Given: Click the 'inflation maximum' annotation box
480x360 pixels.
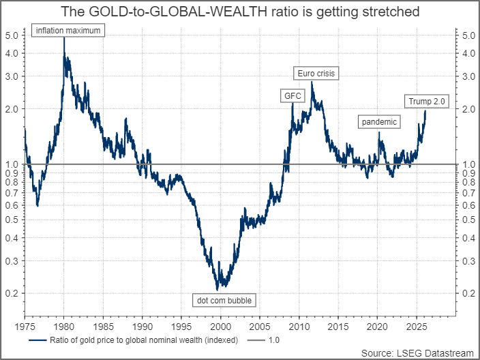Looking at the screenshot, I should coord(68,31).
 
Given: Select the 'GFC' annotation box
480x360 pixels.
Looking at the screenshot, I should coord(292,96).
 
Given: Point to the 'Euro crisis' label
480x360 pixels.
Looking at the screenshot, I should coord(316,73).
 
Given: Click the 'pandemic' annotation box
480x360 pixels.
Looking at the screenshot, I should coord(379,122).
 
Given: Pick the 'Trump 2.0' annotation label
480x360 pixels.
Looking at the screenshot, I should coord(426,102).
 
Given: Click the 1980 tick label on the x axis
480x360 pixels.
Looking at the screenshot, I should coord(63,327).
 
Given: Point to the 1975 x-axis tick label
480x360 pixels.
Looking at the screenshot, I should coord(25,327).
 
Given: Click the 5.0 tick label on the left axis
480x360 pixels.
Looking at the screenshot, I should coord(13,35).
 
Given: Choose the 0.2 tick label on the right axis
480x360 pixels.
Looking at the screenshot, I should coord(468,293).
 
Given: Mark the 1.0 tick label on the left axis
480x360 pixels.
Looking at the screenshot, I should coord(13,164).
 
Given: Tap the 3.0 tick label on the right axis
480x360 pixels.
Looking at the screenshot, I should coord(468,76).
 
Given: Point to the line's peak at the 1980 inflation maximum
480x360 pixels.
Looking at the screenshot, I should coord(64,37).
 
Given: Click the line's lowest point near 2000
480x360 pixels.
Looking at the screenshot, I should coord(218,289).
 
